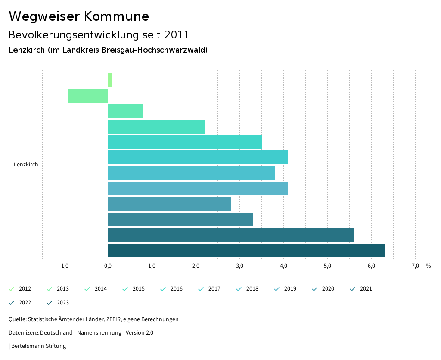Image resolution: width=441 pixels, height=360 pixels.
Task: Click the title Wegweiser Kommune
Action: point(79,16)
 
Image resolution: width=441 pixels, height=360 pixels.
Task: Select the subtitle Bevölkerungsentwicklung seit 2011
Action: point(99,34)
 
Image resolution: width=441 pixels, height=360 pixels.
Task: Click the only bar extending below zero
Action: point(88,96)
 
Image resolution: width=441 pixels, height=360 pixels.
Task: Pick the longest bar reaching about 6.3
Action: point(246,250)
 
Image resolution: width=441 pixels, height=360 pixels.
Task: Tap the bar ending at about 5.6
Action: point(231,235)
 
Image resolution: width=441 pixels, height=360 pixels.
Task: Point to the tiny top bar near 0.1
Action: point(110,80)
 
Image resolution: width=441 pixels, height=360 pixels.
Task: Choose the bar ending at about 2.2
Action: point(156,127)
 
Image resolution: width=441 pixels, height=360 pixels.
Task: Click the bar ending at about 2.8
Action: point(169,204)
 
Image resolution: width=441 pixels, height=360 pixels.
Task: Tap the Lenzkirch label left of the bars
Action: point(26,165)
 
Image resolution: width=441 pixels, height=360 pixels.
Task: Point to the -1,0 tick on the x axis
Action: point(64,266)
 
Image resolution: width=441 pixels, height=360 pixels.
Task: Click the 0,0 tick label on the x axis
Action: point(108,266)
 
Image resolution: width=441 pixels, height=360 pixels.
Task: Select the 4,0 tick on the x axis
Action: point(283,266)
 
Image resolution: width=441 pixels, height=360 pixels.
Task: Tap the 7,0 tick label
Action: point(415,266)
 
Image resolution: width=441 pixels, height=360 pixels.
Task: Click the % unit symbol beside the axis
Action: point(428,266)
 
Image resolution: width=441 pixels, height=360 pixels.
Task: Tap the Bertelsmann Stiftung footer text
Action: point(38,346)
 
